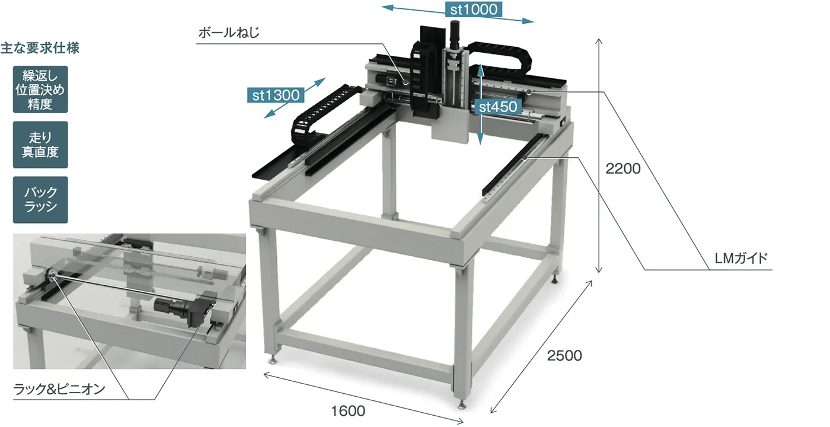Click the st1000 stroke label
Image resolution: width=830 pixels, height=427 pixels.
474,9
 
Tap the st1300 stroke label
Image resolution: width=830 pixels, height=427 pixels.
276,95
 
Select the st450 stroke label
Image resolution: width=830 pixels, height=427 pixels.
497,107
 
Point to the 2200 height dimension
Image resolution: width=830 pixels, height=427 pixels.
623,168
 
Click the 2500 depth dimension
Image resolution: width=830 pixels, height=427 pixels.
564,355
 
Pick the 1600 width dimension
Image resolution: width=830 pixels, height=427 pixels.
348,410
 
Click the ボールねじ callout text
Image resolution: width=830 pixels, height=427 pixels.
229,33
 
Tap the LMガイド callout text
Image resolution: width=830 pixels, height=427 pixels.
741,258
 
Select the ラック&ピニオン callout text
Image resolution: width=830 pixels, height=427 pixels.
59,389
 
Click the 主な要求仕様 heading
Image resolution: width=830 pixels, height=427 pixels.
40,48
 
